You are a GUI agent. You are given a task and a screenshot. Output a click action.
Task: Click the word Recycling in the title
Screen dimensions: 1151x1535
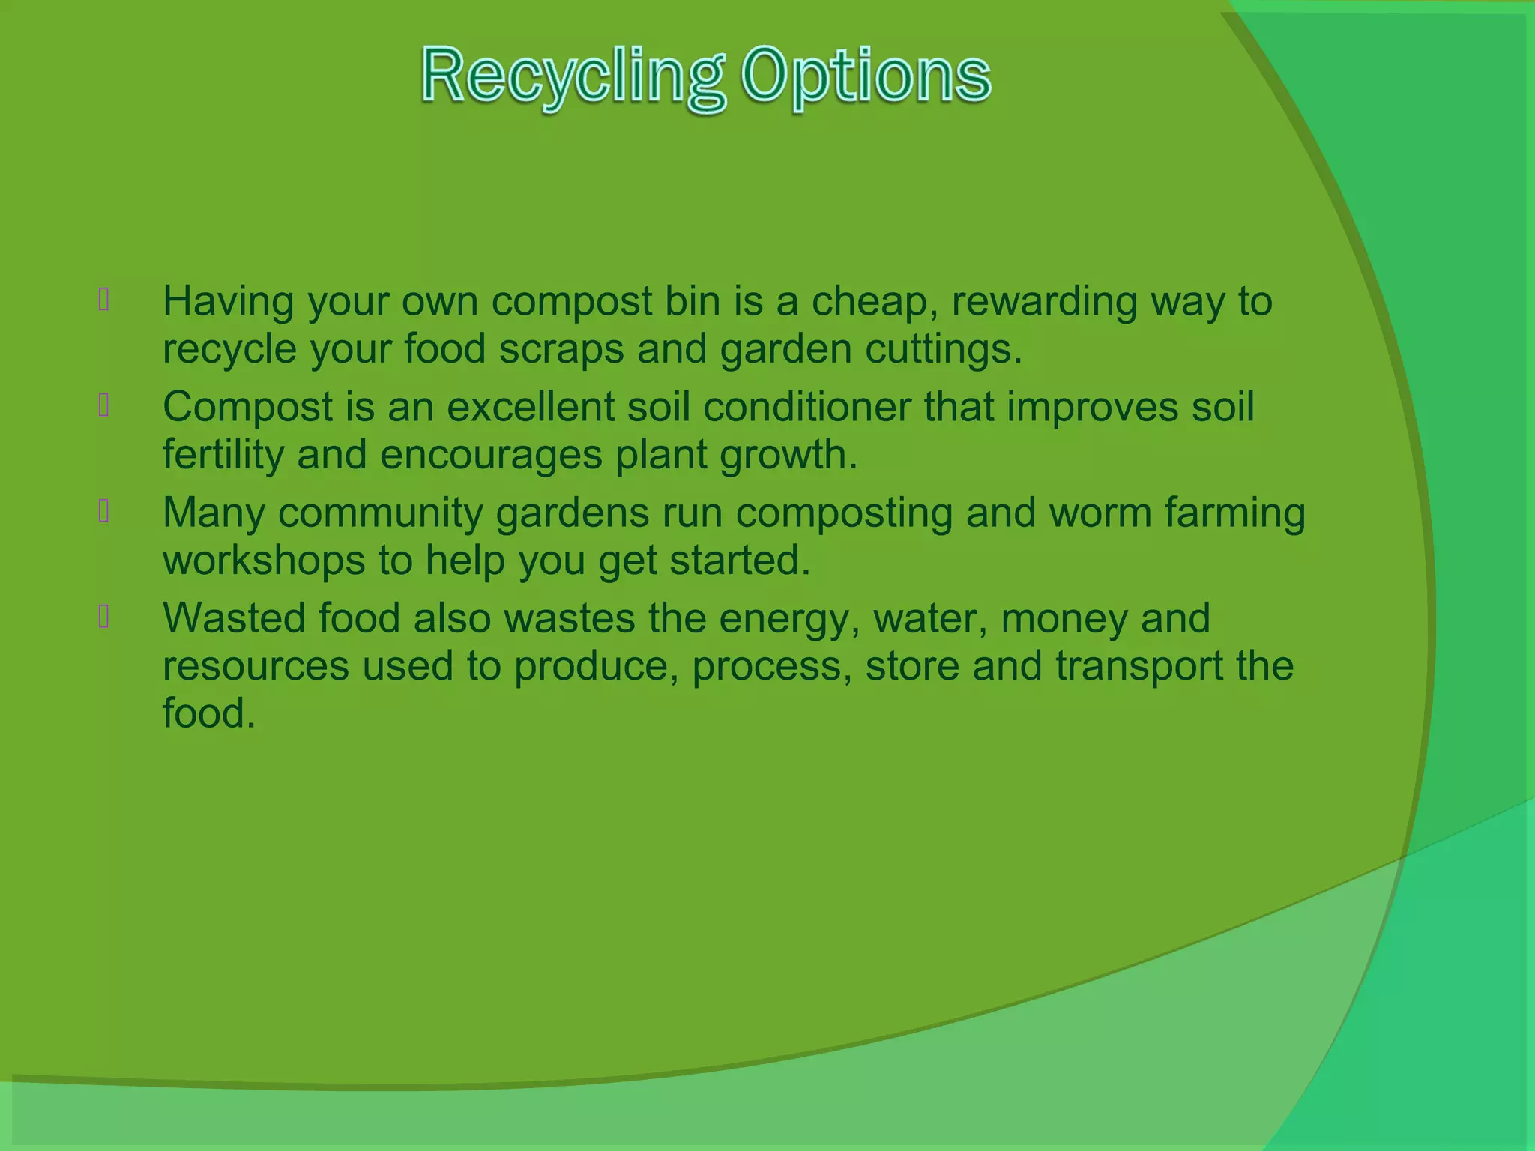[573, 77]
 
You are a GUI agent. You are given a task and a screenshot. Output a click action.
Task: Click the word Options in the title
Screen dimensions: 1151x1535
[866, 77]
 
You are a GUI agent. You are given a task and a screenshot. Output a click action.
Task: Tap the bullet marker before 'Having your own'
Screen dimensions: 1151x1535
[104, 300]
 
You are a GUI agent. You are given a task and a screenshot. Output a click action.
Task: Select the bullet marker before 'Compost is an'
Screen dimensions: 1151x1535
[104, 405]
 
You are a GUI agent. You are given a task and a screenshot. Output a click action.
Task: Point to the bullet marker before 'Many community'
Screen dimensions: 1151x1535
[104, 511]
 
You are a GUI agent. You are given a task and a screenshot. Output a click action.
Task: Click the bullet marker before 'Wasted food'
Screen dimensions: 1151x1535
[104, 617]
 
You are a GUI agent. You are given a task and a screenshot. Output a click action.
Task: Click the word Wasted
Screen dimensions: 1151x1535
[234, 619]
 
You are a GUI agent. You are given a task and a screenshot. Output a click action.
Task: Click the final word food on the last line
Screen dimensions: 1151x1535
[209, 713]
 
